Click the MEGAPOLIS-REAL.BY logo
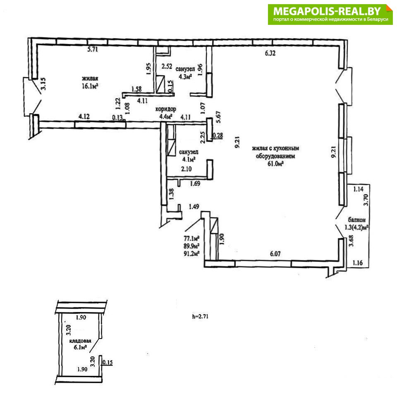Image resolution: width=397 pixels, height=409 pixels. [x=330, y=15]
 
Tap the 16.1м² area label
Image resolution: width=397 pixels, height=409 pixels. [x=90, y=86]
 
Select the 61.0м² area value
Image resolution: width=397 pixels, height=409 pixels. [x=275, y=164]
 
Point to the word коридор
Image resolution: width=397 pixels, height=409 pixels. [x=165, y=109]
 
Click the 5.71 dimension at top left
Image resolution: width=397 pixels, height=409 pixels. [x=93, y=49]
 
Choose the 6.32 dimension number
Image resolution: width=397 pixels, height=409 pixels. [x=270, y=53]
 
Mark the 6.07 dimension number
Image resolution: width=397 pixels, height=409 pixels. [x=275, y=254]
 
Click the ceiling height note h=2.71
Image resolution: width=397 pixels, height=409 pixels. [x=200, y=317]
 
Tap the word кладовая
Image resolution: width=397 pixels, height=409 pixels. [x=80, y=341]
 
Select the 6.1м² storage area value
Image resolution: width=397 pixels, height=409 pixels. [x=80, y=347]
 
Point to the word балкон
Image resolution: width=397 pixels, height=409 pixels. [x=356, y=220]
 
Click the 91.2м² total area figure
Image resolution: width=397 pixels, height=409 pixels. [x=191, y=253]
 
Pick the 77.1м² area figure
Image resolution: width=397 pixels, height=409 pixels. [x=191, y=238]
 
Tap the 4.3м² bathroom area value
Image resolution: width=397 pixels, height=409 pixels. [x=185, y=77]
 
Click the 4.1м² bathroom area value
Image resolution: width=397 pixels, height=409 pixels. [x=189, y=159]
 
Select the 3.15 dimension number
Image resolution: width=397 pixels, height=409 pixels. [x=43, y=84]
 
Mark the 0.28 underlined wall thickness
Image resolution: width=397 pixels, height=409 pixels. [x=218, y=136]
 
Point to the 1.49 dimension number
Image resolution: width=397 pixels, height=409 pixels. [x=194, y=207]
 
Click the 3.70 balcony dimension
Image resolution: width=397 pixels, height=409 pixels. [x=366, y=200]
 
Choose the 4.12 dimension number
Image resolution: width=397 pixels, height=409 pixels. [x=84, y=116]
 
